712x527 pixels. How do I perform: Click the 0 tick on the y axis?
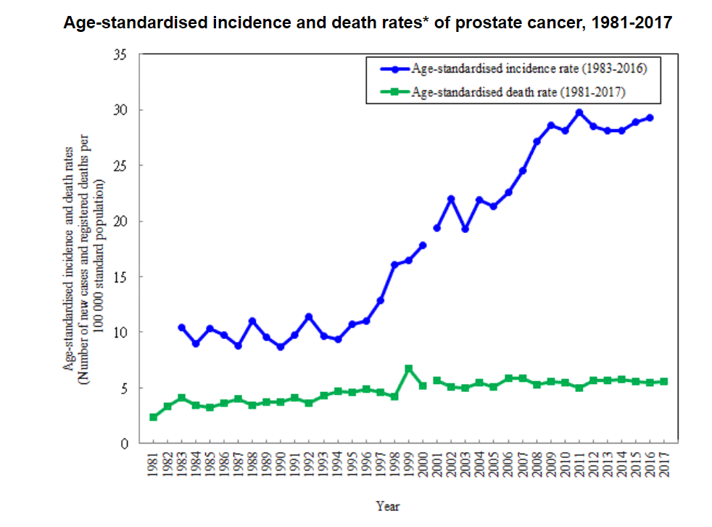[124, 444]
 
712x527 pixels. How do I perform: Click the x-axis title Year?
[388, 506]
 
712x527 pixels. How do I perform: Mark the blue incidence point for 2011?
[579, 113]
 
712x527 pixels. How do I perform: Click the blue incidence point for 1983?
[182, 327]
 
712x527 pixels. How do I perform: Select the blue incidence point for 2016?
[650, 118]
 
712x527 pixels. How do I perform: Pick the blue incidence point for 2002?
[451, 199]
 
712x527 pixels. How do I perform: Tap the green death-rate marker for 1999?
[409, 369]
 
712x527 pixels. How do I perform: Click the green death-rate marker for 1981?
[154, 417]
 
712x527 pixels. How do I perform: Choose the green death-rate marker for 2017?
[664, 381]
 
